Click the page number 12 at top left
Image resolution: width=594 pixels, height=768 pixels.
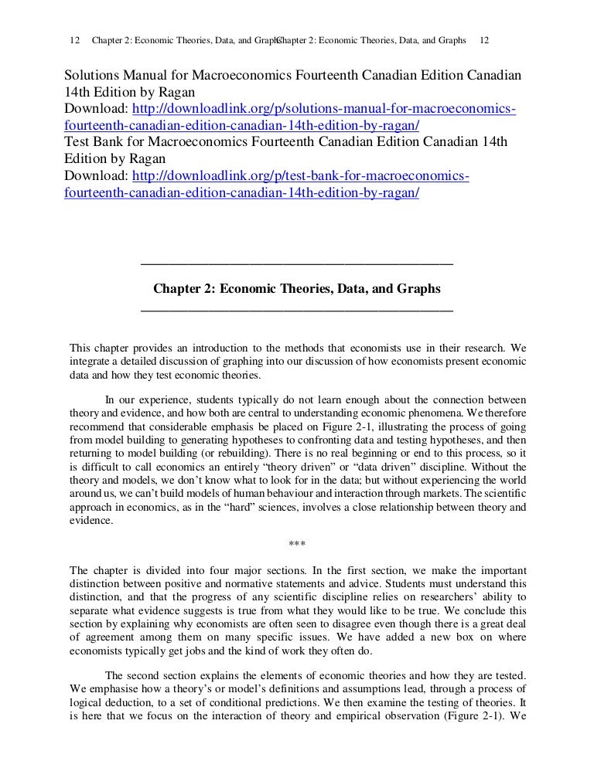point(74,39)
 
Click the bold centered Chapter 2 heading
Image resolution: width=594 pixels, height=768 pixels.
point(297,289)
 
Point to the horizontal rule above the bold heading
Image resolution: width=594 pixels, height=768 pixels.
point(297,264)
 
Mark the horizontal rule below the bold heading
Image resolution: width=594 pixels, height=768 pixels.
point(297,311)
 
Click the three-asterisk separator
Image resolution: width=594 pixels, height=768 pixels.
point(297,543)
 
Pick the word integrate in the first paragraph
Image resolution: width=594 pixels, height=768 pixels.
point(92,362)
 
